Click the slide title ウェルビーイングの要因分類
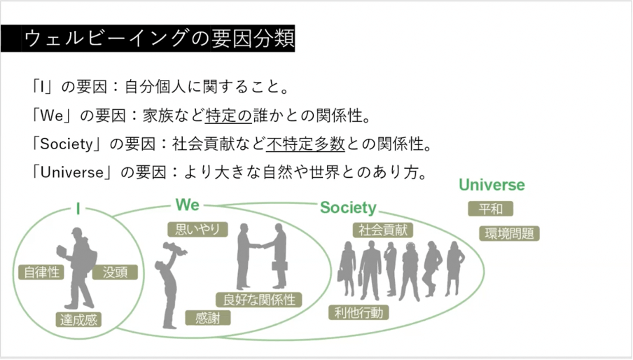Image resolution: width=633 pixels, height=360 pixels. (x=159, y=39)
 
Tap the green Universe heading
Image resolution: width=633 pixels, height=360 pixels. (x=492, y=185)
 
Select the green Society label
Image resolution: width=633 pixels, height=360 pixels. (x=348, y=207)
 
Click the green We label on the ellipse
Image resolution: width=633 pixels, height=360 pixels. (x=188, y=205)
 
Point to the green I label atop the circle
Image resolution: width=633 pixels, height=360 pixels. (x=78, y=209)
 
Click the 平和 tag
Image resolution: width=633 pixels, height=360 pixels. (x=490, y=209)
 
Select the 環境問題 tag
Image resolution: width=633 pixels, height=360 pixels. (x=509, y=233)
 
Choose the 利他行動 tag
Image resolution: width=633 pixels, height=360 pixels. (x=359, y=312)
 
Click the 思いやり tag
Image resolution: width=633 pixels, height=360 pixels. (x=197, y=229)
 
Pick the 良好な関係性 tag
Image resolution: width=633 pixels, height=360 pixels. (x=259, y=300)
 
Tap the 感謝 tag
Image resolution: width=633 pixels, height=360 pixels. (x=207, y=318)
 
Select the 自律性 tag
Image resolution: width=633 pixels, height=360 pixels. (x=41, y=272)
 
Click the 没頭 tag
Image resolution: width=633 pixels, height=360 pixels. (x=115, y=272)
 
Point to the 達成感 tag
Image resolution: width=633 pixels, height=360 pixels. (x=78, y=319)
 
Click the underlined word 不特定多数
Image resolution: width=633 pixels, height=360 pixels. (x=305, y=144)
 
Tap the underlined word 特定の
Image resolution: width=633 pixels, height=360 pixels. (x=228, y=116)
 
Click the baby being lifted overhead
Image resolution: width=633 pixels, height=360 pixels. (x=175, y=248)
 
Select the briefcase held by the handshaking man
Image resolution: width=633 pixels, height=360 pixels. (x=279, y=266)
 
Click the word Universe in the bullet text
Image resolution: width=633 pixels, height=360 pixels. (x=72, y=172)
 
